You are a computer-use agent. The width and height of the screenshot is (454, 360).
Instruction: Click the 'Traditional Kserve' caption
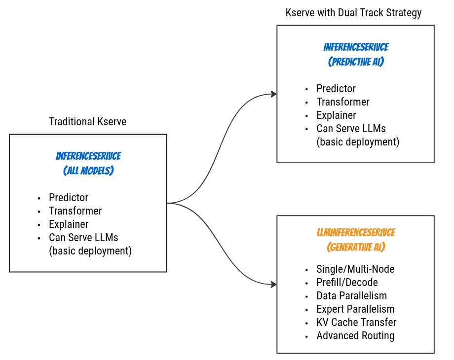87,122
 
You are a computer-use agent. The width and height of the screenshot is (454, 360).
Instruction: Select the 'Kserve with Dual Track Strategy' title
353,13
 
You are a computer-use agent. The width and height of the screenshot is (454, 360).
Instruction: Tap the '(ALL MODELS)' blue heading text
88,171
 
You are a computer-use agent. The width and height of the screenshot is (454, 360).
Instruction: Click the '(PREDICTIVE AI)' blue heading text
356,62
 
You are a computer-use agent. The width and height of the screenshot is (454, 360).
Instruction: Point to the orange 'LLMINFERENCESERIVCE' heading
356,232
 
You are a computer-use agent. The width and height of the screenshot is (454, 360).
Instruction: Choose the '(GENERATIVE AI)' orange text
356,247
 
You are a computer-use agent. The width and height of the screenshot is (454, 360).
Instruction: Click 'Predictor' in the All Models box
69,198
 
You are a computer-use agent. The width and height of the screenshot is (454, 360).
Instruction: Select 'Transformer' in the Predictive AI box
343,102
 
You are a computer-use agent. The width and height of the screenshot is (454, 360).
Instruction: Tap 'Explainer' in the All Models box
69,224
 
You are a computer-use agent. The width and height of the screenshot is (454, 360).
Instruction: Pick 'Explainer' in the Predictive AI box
336,115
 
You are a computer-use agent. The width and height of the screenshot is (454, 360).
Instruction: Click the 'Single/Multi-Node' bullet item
355,269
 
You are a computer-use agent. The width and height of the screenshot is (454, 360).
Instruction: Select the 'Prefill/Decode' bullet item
347,283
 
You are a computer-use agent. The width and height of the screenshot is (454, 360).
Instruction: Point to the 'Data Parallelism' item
351,296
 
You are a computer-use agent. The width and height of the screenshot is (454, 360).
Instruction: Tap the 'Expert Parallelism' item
355,309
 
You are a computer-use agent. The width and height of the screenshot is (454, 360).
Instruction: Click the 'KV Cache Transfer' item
356,323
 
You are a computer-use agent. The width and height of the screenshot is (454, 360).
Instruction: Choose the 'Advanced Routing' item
355,336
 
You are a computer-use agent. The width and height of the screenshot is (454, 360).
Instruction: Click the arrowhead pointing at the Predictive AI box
273,94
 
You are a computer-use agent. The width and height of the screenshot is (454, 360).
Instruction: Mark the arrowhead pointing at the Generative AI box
273,284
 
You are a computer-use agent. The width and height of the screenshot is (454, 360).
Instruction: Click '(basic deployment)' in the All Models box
90,251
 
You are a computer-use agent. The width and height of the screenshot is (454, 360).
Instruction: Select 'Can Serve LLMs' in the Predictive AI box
351,129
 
